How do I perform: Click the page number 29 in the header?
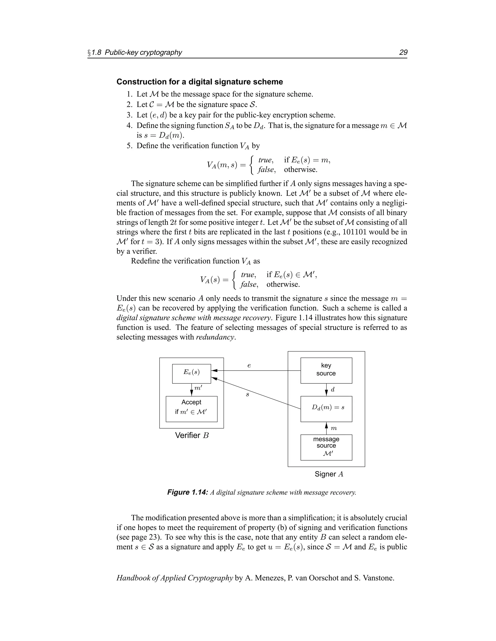coord(403,52)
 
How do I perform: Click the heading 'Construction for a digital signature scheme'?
coord(200,82)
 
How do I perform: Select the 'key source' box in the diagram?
coord(326,370)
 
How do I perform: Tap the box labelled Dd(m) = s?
coord(326,409)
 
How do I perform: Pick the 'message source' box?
coord(326,447)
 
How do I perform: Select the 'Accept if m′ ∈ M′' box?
coord(191,409)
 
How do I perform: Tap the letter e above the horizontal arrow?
coord(249,366)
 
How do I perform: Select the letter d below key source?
coord(333,390)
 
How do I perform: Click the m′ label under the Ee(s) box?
coord(198,388)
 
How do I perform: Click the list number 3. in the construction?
coord(130,115)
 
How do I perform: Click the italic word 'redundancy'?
coord(215,337)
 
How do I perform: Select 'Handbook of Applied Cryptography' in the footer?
coord(175,578)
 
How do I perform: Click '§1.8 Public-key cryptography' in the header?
coord(135,52)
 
